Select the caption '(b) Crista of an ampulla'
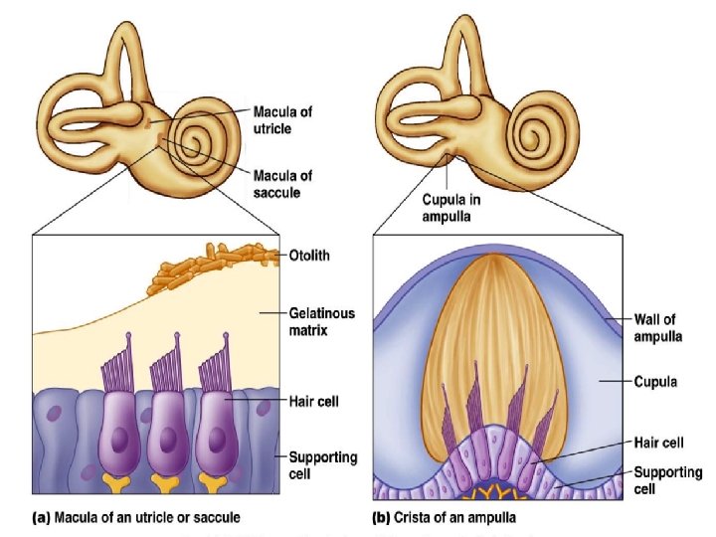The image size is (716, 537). click(x=445, y=517)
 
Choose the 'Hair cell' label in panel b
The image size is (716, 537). click(x=659, y=443)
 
